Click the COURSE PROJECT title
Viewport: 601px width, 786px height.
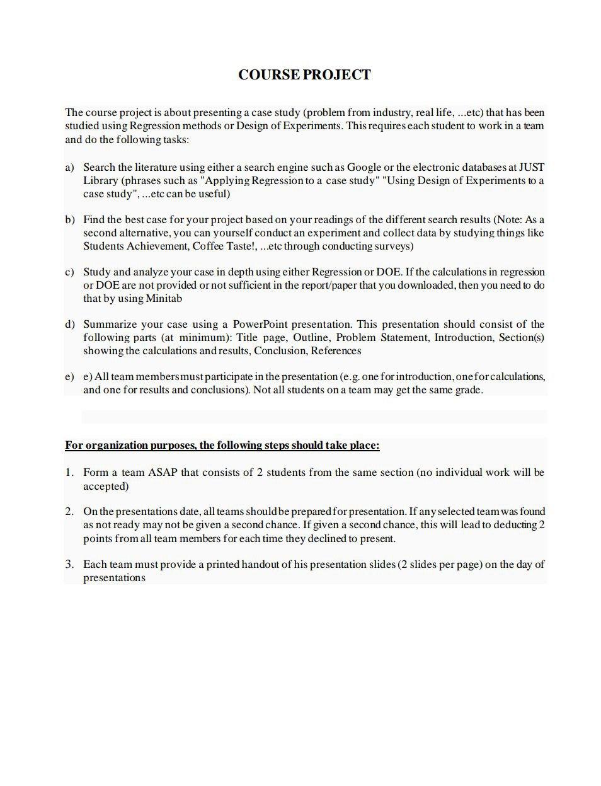(x=304, y=75)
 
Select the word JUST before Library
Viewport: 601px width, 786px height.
(x=531, y=167)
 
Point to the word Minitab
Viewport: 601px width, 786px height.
(x=164, y=298)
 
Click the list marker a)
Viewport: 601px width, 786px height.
(x=69, y=167)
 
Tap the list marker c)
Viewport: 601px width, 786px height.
(x=69, y=272)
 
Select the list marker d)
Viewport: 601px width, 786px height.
(x=69, y=324)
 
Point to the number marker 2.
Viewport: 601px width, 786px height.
(x=69, y=511)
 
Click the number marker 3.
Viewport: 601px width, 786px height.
(x=69, y=564)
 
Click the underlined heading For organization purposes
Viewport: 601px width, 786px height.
(x=222, y=446)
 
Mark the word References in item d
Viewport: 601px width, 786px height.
(x=336, y=350)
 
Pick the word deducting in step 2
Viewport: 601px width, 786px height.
(x=509, y=524)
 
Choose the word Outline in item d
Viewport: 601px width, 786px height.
(x=310, y=337)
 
